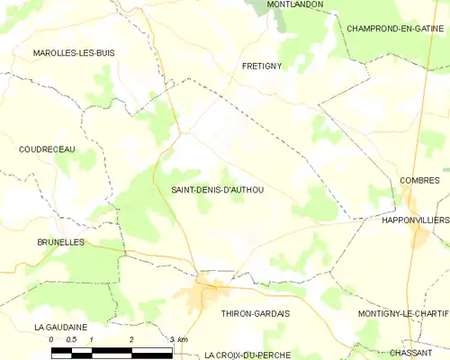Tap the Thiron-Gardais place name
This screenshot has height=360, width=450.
(255, 313)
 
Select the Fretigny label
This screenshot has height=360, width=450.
(264, 67)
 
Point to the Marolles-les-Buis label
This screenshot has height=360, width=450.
(74, 53)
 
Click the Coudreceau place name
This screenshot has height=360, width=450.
(47, 149)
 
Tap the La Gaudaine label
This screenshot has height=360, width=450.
(61, 327)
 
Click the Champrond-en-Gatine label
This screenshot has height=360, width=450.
(396, 29)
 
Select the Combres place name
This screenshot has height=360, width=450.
(419, 181)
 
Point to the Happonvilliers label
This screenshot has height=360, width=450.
(415, 220)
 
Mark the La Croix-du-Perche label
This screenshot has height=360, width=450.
(247, 355)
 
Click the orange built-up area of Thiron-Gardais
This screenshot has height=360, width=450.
(211, 291)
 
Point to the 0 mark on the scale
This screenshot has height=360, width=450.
(51, 339)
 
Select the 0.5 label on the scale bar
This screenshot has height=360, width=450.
(71, 339)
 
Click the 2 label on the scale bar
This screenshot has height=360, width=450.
(131, 339)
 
